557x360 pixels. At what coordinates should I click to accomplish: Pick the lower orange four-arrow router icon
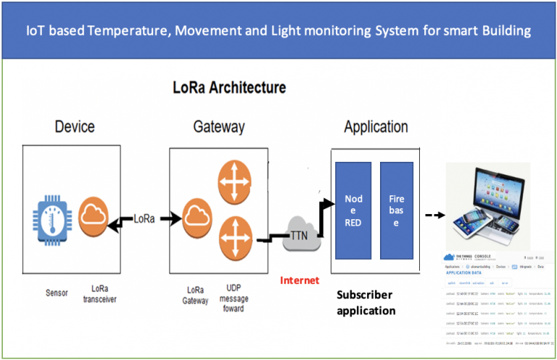235,237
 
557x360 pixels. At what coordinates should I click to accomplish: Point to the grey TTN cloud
299,234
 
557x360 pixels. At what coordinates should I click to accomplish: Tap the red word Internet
299,280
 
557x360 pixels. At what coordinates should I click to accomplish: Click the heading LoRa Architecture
229,89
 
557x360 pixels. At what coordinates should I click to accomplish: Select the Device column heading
75,127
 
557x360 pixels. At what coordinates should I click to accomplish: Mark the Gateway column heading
218,127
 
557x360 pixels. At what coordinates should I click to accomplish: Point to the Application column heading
376,127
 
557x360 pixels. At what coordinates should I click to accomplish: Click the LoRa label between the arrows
147,216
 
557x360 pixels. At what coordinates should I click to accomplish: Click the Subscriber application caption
366,303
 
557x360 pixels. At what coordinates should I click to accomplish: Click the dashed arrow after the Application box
433,215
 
